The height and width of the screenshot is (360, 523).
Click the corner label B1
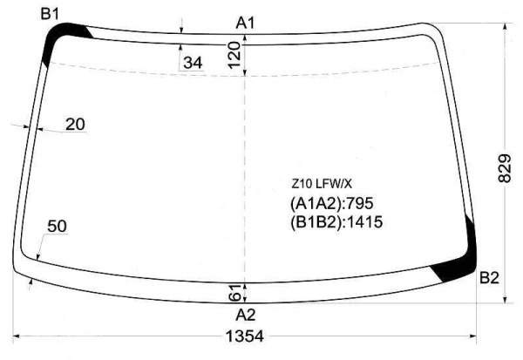point(50,14)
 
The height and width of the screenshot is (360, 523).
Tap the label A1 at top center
point(245,24)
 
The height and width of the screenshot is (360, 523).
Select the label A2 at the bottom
point(246,315)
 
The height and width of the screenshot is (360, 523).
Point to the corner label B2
point(489,277)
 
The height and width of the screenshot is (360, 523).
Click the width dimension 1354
point(245,336)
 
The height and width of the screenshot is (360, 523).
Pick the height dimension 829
point(505,168)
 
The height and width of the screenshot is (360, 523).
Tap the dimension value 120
point(234,55)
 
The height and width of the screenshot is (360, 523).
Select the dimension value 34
point(193,63)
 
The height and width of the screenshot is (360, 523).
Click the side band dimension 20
point(75,125)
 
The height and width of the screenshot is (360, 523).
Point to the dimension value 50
point(57,227)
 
